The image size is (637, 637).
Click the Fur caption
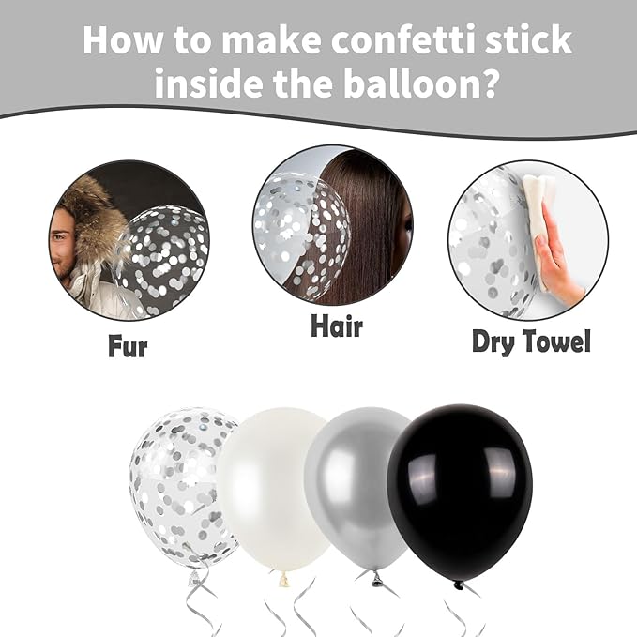(128, 346)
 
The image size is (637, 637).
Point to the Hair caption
(336, 326)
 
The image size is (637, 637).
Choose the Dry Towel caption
(531, 341)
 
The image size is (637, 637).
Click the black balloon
(459, 492)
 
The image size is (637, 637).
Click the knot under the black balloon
(459, 584)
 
